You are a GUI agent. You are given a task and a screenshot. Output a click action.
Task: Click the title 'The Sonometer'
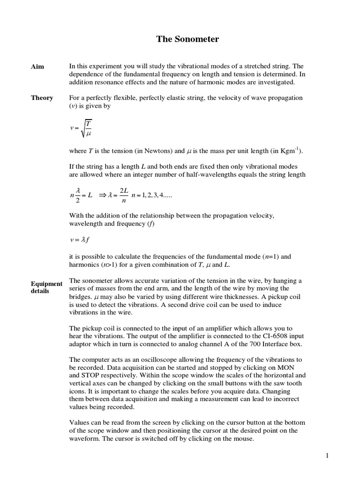tap(187, 39)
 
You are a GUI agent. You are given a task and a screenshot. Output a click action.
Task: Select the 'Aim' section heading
tap(37, 67)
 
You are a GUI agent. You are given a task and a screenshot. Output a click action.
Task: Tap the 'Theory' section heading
tap(42, 98)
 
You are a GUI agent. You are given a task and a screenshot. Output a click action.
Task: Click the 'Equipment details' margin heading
tap(46, 287)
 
